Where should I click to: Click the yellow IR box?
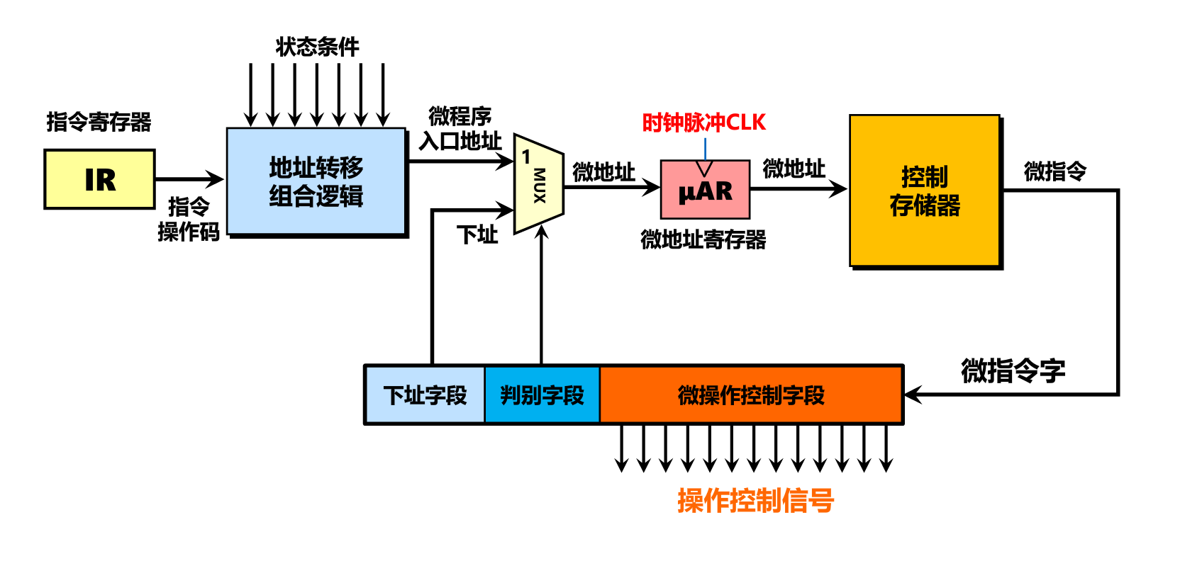point(99,179)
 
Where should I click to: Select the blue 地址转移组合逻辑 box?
point(316,181)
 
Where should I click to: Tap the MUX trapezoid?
point(539,184)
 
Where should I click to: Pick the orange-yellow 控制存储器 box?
point(925,191)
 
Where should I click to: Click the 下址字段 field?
point(425,395)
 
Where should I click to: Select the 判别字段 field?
point(542,395)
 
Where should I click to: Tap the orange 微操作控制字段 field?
point(751,395)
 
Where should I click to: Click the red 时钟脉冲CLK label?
point(703,123)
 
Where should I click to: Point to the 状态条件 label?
point(317,47)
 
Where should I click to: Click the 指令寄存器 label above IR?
point(99,121)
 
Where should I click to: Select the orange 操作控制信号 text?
point(755,501)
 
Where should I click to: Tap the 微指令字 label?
point(1013,370)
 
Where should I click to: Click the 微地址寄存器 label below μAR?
point(703,239)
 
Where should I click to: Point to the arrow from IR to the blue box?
point(189,179)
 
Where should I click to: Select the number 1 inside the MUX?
point(525,157)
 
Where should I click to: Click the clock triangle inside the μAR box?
point(704,168)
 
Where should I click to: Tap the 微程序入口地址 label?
point(460,128)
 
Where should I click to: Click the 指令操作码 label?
point(189,219)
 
